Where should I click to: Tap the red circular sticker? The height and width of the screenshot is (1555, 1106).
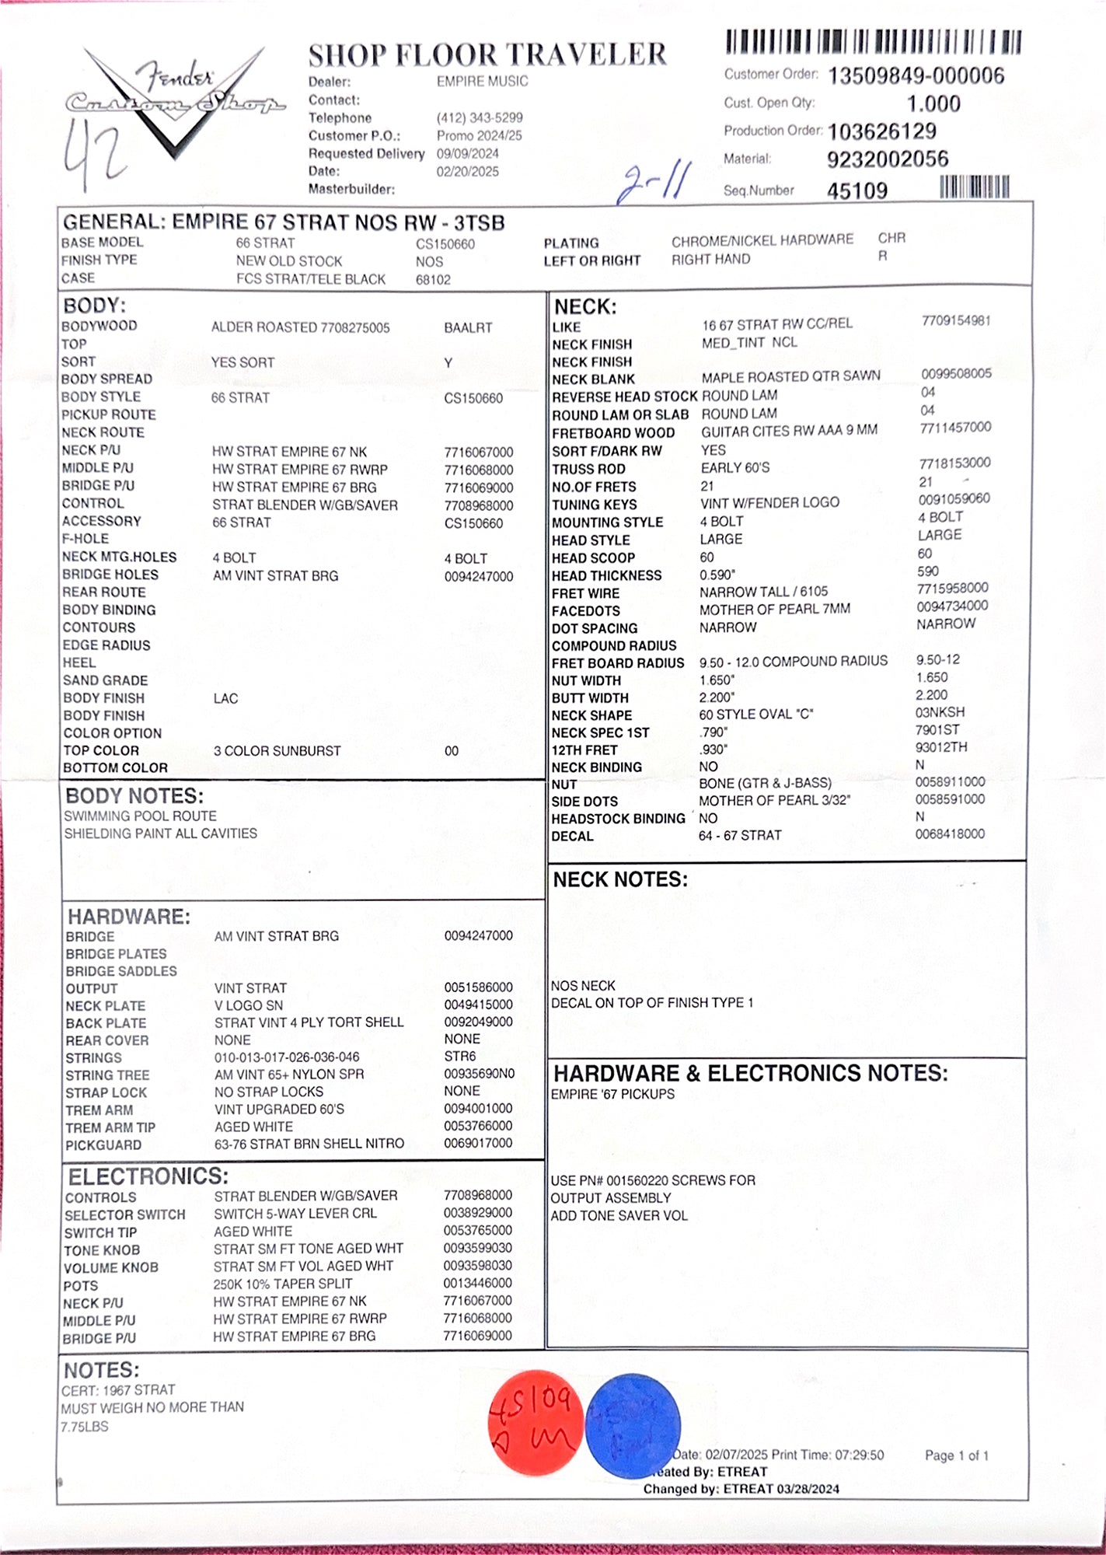tap(535, 1422)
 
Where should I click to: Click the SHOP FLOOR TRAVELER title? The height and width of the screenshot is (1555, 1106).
tap(487, 54)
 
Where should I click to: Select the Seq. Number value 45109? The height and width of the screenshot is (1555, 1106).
tap(857, 190)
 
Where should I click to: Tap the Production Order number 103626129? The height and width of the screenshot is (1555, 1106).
tap(882, 131)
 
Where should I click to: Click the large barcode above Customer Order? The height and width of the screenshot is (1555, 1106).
tap(873, 41)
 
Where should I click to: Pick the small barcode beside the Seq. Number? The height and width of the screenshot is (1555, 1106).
tap(975, 187)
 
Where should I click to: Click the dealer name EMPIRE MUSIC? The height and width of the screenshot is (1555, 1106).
tap(482, 82)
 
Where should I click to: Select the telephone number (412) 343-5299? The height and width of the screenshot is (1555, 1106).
tap(480, 117)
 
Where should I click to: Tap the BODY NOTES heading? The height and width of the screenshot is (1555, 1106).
tap(134, 796)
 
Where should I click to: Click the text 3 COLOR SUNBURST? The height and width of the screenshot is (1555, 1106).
tap(277, 751)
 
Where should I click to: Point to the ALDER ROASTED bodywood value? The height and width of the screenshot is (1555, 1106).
tap(300, 327)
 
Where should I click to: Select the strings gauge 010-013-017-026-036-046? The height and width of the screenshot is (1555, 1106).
tap(287, 1057)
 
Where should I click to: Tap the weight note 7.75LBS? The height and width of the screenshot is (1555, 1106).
tap(85, 1427)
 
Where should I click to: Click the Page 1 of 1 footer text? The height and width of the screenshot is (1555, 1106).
tap(956, 1455)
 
